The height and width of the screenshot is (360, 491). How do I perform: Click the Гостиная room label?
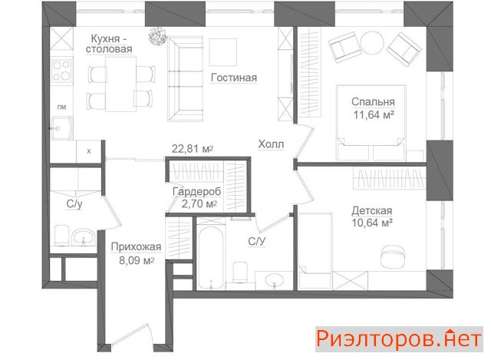pyautogui.click(x=234, y=78)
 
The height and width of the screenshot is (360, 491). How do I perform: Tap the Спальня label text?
pyautogui.click(x=373, y=102)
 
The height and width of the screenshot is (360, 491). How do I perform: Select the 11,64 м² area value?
pyautogui.click(x=374, y=115)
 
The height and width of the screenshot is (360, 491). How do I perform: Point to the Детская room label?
pyautogui.click(x=371, y=210)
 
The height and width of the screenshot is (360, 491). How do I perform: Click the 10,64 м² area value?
pyautogui.click(x=372, y=223)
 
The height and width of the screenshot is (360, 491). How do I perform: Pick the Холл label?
pyautogui.click(x=271, y=144)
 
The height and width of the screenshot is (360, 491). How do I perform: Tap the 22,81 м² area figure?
pyautogui.click(x=193, y=148)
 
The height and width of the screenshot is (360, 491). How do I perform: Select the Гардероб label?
pyautogui.click(x=196, y=191)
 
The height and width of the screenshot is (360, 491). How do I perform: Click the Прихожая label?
pyautogui.click(x=136, y=247)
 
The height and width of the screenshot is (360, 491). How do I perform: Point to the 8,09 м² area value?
pyautogui.click(x=137, y=260)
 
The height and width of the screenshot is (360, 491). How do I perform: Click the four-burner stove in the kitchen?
pyautogui.click(x=61, y=71)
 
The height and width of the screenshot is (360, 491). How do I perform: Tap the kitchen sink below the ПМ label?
pyautogui.click(x=62, y=128)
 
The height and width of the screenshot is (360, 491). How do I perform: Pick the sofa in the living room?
pyautogui.click(x=186, y=79)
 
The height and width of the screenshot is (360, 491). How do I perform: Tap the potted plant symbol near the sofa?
pyautogui.click(x=157, y=36)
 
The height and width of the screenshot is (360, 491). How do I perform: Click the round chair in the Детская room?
pyautogui.click(x=394, y=257)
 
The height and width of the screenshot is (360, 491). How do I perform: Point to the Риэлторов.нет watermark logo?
pyautogui.click(x=399, y=339)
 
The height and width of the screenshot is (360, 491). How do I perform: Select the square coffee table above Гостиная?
pyautogui.click(x=223, y=52)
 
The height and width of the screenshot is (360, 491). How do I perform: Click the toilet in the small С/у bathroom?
pyautogui.click(x=61, y=236)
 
